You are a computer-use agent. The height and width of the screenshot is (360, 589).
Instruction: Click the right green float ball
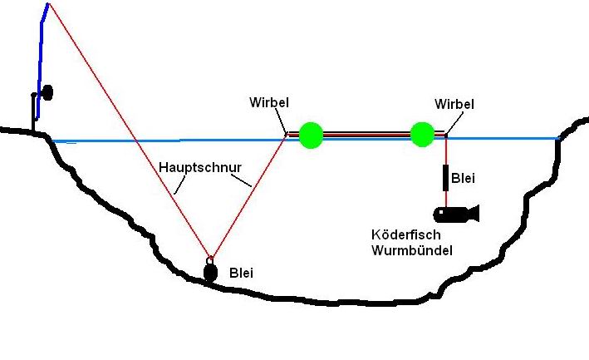pos(422,133)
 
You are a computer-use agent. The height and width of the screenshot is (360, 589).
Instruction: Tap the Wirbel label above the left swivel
pos(269,103)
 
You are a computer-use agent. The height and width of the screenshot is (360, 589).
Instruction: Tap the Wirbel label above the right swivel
pos(454,104)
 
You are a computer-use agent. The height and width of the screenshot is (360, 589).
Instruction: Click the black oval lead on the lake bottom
pos(211,271)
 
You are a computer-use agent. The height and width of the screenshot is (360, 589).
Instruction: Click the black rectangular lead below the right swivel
pos(446,177)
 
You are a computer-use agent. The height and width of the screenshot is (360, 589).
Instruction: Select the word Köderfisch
pos(405,234)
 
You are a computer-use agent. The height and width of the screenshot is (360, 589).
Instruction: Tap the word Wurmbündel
pos(412,249)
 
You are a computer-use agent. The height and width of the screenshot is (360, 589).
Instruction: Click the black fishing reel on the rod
pos(47,91)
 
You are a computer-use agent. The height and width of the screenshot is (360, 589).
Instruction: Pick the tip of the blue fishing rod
pos(48,4)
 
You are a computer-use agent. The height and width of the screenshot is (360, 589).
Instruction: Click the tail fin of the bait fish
pos(474,213)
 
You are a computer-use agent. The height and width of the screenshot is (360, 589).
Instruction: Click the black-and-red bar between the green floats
pos(366,133)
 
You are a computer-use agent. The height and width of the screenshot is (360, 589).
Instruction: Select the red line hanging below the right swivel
pos(446,151)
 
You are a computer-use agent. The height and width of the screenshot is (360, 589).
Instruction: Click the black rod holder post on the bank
pos(35,112)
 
